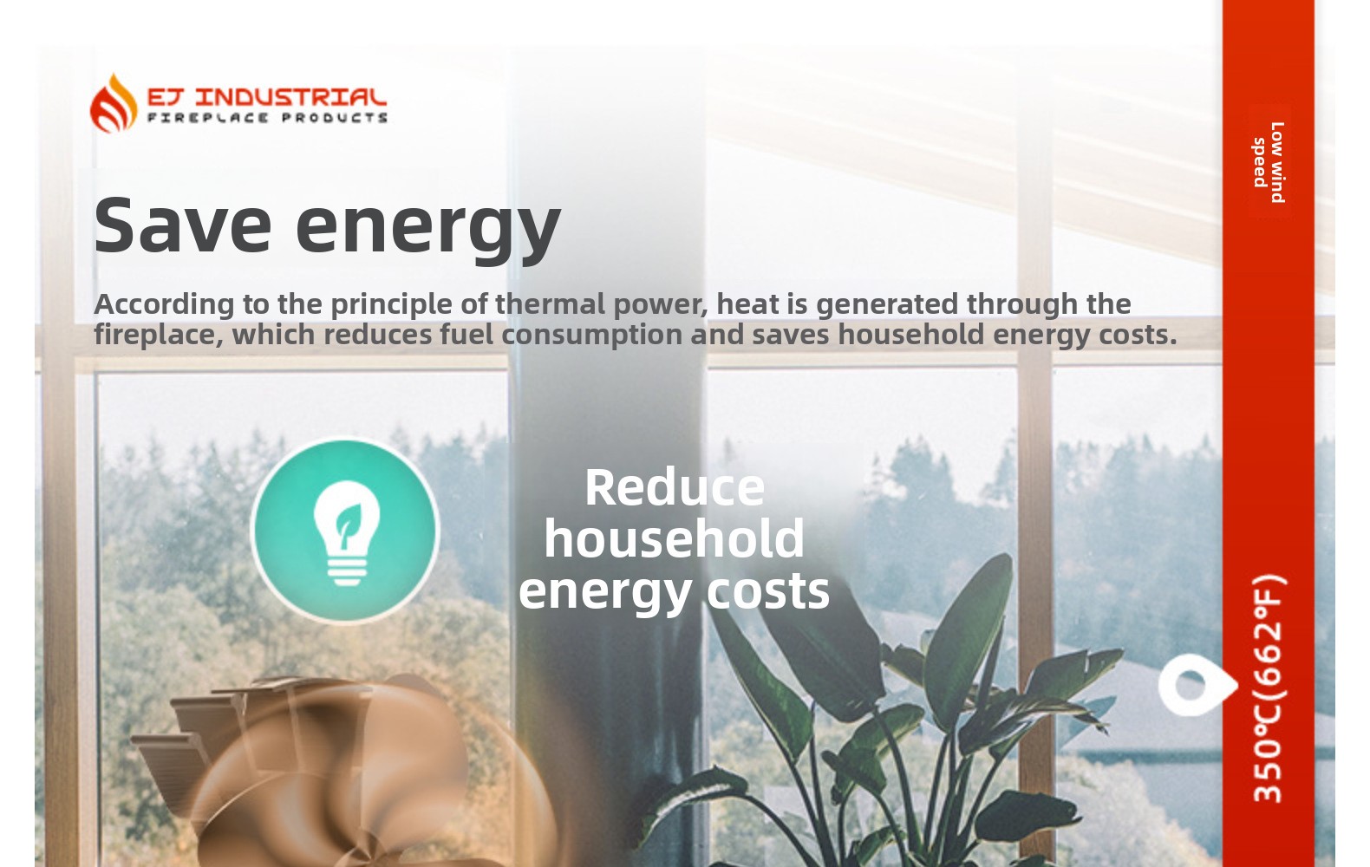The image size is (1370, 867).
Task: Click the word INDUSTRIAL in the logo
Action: pyautogui.click(x=291, y=97)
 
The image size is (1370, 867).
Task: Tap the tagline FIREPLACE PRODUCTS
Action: pyautogui.click(x=267, y=117)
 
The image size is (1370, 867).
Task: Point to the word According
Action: pyautogui.click(x=164, y=304)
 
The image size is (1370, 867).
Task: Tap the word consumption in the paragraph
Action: pyautogui.click(x=592, y=335)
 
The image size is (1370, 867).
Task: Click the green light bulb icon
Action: pyautogui.click(x=346, y=530)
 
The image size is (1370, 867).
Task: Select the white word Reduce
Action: pyautogui.click(x=675, y=487)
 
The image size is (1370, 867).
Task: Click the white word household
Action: pyautogui.click(x=674, y=538)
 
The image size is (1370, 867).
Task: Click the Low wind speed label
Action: pyautogui.click(x=1269, y=162)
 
